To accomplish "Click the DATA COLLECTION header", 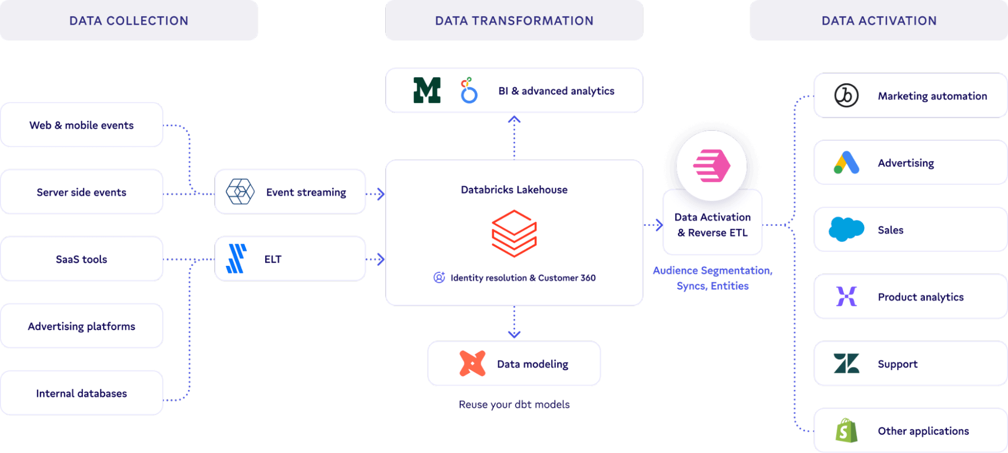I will (129, 21).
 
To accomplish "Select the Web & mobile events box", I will (82, 125).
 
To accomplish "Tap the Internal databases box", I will (82, 393).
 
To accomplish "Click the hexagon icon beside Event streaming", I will (240, 192).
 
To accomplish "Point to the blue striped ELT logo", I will (236, 259).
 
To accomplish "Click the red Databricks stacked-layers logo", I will (514, 234).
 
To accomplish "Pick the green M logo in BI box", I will (427, 90).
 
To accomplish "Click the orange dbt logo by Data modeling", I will (472, 364).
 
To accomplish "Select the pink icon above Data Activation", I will (711, 165).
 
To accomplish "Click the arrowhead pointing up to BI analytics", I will (514, 120).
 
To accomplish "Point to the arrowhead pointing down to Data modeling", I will (514, 334).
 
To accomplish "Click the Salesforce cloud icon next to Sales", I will (846, 230).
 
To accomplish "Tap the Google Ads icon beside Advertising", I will (846, 162).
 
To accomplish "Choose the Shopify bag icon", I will (846, 430).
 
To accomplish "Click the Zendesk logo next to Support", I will (846, 363).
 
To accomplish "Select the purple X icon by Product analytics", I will (846, 296).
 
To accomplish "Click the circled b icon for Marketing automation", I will (846, 95).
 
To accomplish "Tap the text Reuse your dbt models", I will (514, 405).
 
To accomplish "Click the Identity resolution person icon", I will (439, 277).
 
